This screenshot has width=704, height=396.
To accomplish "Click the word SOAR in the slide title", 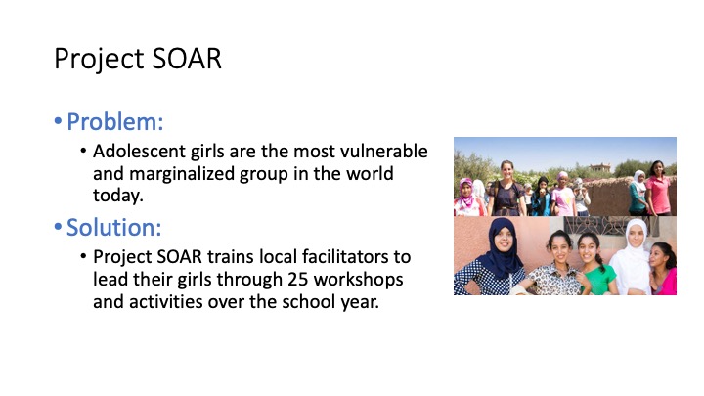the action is tap(187, 59).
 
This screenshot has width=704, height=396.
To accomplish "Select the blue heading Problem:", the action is tap(115, 121).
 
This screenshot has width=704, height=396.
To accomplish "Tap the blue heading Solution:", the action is tap(114, 227).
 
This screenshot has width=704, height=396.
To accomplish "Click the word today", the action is tap(117, 196).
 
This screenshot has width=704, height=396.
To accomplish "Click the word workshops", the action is tap(358, 280).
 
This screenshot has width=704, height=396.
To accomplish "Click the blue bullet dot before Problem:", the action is tap(58, 121).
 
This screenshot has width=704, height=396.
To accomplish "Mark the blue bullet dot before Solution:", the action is tap(58, 227).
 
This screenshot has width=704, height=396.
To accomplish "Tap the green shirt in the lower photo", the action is tap(600, 279).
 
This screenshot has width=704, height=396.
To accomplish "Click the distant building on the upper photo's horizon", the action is tap(600, 168).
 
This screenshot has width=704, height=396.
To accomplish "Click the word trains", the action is tap(231, 257).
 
